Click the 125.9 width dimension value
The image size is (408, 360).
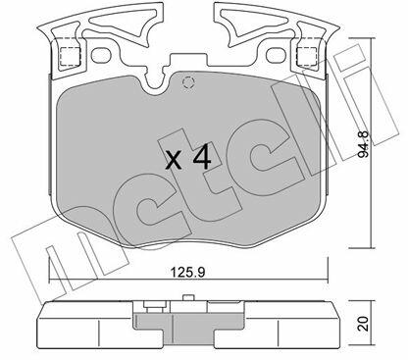pos(188,272)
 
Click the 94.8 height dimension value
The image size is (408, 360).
pos(363,144)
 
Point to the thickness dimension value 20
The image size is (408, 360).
pos(363,324)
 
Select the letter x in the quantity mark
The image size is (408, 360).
pos(174,160)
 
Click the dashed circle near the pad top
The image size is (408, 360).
pos(188,82)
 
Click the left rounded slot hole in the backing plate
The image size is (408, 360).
pos(101,56)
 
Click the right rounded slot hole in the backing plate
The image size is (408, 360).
pos(277,56)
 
